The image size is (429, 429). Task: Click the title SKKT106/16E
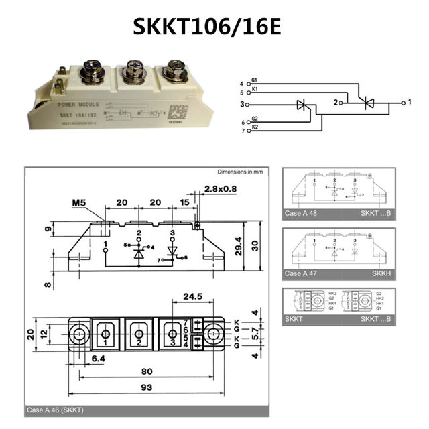coord(214,26)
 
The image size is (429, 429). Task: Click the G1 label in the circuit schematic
coord(255,80)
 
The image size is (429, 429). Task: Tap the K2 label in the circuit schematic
coord(255,126)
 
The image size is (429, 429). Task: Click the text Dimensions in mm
coord(240,172)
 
